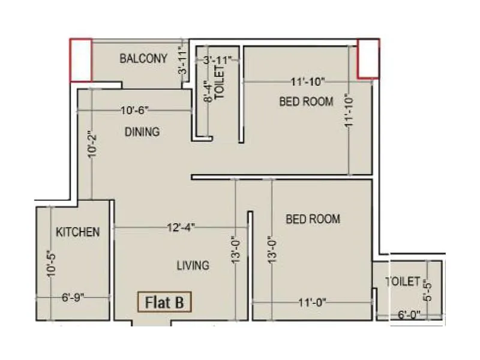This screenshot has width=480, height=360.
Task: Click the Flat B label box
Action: tap(164, 302)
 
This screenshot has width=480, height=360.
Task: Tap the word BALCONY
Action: tap(143, 59)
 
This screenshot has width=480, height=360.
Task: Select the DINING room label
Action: tap(142, 131)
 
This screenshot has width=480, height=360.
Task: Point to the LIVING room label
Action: tap(193, 265)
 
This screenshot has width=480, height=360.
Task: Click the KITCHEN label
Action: tap(77, 232)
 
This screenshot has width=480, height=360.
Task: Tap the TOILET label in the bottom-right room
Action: tap(403, 281)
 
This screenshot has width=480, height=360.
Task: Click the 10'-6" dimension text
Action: tap(134, 110)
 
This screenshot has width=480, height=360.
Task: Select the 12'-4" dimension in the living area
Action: tap(181, 227)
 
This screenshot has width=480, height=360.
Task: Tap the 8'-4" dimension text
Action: tap(207, 91)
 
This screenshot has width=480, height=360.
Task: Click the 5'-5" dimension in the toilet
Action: tap(427, 291)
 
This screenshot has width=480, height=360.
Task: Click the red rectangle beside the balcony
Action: tap(81, 60)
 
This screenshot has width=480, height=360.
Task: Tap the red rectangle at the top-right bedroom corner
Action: tap(368, 59)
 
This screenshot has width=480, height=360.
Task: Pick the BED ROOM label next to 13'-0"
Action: tap(313, 219)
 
